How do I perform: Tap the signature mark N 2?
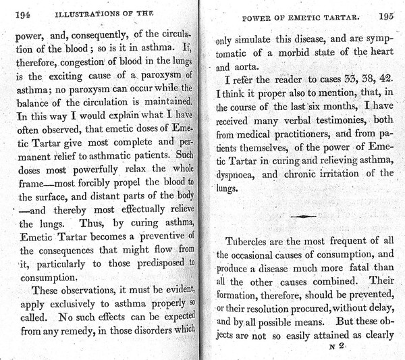(x=333, y=347)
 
